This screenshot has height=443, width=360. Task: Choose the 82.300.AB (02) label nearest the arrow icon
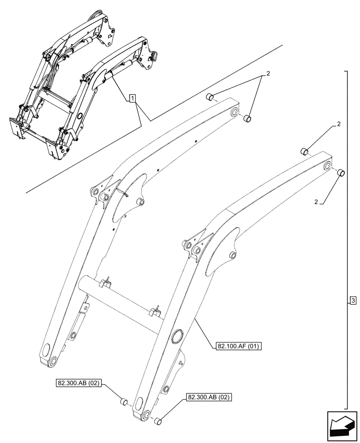208,397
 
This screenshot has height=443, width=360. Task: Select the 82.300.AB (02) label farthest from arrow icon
78,382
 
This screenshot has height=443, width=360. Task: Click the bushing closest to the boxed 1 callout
211,97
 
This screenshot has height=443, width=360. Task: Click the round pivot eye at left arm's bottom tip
54,361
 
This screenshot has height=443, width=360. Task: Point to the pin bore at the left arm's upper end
234,113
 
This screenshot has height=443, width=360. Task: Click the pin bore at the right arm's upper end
328,167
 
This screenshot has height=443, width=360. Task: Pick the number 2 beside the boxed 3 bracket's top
339,124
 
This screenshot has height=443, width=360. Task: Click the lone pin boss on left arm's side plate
140,202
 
